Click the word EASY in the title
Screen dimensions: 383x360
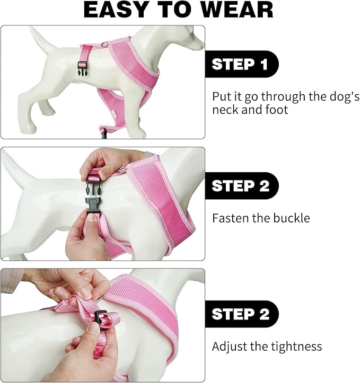[115, 10]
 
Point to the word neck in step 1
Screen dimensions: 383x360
[225, 110]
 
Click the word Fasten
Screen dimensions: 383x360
[230, 218]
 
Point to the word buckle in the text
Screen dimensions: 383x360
[292, 218]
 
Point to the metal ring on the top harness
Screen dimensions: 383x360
[106, 43]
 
